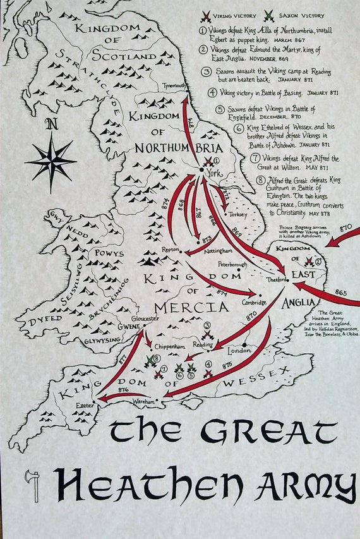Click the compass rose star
coord(51,158)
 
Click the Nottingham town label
coord(219,250)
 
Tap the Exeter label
coord(85,403)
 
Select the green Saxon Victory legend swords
coord(269,15)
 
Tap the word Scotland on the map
coord(124,56)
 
